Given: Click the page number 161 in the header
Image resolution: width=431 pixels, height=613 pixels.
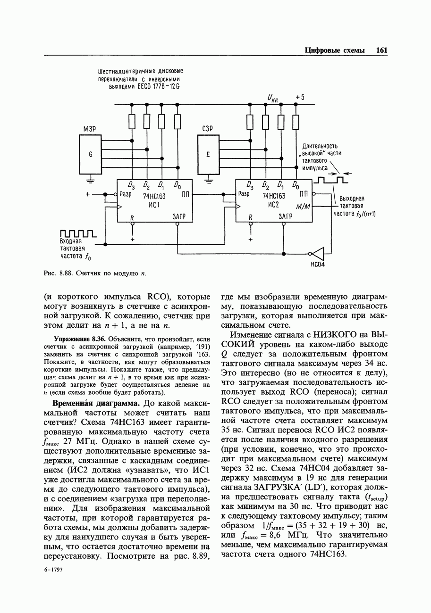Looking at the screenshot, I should click(x=381, y=50).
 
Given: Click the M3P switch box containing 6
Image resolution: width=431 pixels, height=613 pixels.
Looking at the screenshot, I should click(x=91, y=154).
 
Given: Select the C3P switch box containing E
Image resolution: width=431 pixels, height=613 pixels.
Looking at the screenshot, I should click(x=208, y=154).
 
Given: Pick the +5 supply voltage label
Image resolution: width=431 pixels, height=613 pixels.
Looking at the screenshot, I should click(x=300, y=97).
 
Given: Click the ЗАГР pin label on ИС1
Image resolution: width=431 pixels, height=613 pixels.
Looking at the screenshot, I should click(x=179, y=216).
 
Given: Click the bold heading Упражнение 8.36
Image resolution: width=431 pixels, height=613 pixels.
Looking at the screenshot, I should click(x=80, y=339).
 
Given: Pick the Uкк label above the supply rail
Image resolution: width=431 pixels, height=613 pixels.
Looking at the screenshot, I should click(x=273, y=98).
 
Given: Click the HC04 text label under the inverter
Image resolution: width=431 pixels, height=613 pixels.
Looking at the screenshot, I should click(x=317, y=265).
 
